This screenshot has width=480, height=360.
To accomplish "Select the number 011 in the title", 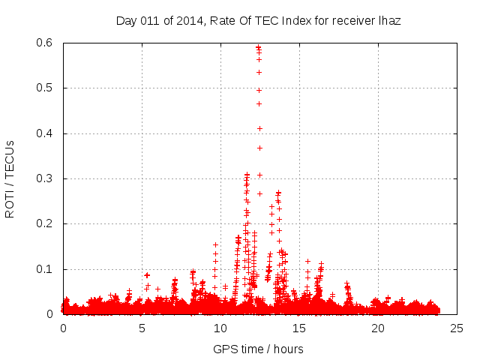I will [150, 21].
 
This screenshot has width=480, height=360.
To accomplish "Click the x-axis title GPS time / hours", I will [258, 349].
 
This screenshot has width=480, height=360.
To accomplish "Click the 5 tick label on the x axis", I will [142, 328].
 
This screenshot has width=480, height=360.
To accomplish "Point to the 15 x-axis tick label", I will [299, 328].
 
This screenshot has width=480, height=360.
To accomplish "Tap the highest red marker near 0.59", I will [258, 47].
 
